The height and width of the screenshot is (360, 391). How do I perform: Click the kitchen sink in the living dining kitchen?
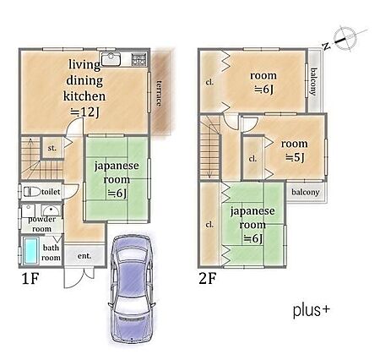point(111,59)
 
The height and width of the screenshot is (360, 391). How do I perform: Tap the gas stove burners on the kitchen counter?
point(139,60)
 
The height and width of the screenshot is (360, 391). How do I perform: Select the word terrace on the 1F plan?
point(160,94)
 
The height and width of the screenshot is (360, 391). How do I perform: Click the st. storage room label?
point(52,148)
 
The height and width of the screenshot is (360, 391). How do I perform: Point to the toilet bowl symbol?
point(32,192)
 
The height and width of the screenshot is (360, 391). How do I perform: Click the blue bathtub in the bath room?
point(30,250)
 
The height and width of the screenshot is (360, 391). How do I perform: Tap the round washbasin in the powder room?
point(51,210)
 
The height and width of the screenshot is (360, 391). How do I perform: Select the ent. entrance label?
point(84,256)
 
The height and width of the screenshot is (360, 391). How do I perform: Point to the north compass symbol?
point(345,39)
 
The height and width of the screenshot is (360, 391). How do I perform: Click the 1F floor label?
point(30,279)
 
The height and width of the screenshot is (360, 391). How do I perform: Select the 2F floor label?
point(208,279)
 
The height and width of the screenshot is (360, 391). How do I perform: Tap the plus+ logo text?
point(312,310)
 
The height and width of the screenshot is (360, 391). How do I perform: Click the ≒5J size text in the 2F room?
point(295,158)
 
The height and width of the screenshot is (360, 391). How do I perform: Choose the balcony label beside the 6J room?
point(314,81)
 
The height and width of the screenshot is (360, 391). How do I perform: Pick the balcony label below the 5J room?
point(306,193)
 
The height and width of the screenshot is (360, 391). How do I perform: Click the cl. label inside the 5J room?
point(253,159)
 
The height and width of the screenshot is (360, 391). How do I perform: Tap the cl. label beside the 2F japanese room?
point(209,225)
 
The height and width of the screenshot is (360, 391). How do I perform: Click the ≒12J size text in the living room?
point(84,112)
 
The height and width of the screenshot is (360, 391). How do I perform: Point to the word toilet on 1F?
point(51,192)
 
